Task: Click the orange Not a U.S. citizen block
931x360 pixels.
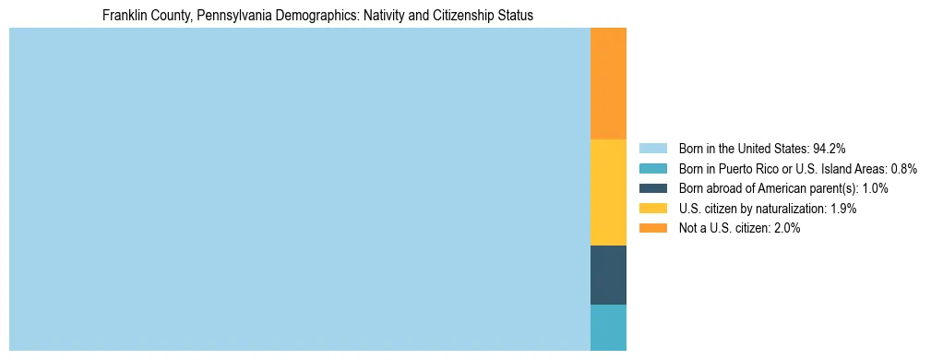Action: point(608,83)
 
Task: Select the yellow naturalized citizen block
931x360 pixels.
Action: point(608,192)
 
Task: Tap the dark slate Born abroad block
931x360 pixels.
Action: point(608,275)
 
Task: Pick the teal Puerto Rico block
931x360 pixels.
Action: point(608,328)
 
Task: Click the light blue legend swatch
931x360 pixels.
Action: point(652,148)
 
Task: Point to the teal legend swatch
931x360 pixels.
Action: point(652,168)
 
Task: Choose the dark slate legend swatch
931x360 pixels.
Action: point(652,188)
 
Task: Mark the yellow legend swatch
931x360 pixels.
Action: point(652,209)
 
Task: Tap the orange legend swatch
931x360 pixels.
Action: point(652,228)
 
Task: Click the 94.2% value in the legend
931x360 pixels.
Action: point(830,148)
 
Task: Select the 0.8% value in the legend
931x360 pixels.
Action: point(903,168)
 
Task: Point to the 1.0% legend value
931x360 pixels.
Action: point(875,188)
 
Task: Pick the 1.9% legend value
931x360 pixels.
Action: point(841,209)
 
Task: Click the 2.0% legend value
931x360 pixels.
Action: point(784,228)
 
